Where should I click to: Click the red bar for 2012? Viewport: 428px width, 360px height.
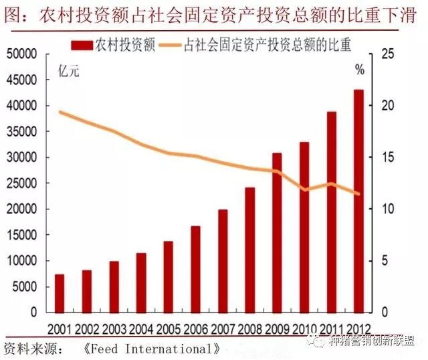tap(358, 201)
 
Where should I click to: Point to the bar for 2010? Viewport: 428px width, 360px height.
tap(304, 227)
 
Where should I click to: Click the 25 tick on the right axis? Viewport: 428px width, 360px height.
tap(386, 54)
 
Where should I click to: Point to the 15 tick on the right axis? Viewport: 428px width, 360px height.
tap(386, 158)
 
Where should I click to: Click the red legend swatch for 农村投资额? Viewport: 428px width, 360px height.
tap(81, 45)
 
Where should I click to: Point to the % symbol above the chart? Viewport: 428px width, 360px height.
tap(360, 70)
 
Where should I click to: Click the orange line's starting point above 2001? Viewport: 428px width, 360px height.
tap(60, 112)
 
